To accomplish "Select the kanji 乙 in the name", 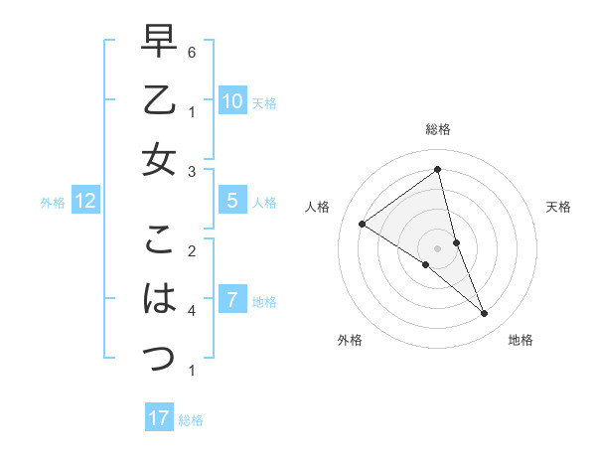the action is click(x=159, y=101).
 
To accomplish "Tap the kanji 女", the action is click(x=159, y=159).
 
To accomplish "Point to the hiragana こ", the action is click(x=159, y=240).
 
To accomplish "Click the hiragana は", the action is click(x=159, y=297).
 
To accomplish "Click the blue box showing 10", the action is click(x=231, y=100).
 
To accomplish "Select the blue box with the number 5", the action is click(x=231, y=201).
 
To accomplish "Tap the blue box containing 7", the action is click(x=231, y=299).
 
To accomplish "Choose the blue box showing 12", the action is click(x=85, y=201).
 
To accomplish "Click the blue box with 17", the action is click(x=159, y=418).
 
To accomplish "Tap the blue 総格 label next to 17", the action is click(x=191, y=420).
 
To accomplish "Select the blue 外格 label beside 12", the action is click(x=53, y=203).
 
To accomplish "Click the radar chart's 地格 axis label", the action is click(x=521, y=340).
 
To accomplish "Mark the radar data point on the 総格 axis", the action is click(x=437, y=170).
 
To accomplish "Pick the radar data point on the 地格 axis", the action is click(x=485, y=314).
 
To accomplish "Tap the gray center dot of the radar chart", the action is click(x=437, y=247).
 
